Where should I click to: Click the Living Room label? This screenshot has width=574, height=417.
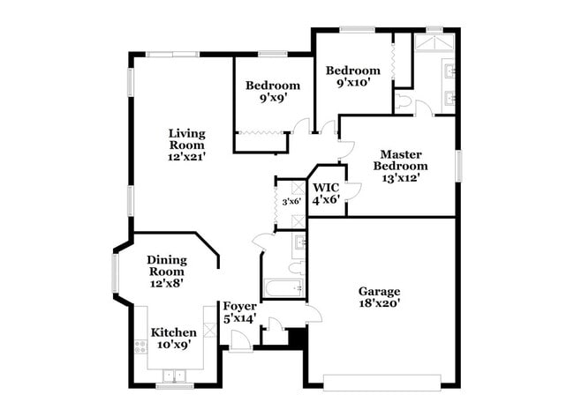[x=187, y=145]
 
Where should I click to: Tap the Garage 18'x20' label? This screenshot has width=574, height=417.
[x=379, y=297]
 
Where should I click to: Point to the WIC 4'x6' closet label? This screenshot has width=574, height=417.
[x=326, y=193]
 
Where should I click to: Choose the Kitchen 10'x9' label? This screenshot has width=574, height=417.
[x=173, y=339]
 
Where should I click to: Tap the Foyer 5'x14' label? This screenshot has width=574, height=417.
[x=238, y=312]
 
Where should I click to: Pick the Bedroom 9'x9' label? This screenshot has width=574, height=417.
[x=272, y=92]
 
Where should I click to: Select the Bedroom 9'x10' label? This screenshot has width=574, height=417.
[x=352, y=77]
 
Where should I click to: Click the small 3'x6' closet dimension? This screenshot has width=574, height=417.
[x=291, y=202]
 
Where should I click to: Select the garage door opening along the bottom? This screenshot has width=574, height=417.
[x=381, y=381]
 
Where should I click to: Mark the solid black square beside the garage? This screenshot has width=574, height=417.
[x=297, y=337]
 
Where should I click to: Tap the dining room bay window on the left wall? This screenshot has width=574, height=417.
[x=114, y=272]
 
